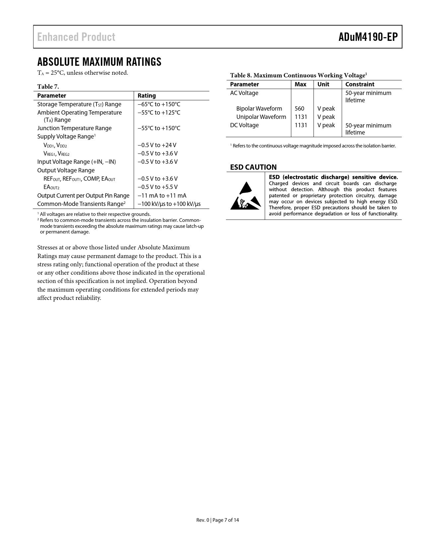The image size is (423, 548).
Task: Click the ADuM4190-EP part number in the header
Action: (x=368, y=37)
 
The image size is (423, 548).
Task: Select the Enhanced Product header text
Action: (x=76, y=37)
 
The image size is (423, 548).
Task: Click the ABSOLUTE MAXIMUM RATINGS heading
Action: (x=99, y=62)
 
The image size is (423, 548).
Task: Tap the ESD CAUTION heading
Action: (x=253, y=167)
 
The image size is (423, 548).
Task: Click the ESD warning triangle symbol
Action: (x=245, y=196)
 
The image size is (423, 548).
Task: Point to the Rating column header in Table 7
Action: (x=147, y=96)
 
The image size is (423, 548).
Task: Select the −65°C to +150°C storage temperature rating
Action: (x=159, y=104)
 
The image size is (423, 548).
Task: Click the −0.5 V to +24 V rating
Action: (x=157, y=145)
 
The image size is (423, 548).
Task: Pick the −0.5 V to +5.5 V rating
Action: (x=158, y=187)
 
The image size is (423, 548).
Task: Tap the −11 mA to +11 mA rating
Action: (x=162, y=196)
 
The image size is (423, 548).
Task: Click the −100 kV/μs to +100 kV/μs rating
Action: (x=169, y=204)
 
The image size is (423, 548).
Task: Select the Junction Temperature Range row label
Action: (x=74, y=128)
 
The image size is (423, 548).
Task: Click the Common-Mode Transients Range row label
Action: (x=81, y=204)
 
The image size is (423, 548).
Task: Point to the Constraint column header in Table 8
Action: (x=360, y=84)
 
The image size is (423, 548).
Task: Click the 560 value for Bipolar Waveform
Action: (x=299, y=109)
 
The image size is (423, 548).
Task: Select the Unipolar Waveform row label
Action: (x=261, y=117)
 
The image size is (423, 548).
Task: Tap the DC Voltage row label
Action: (x=244, y=125)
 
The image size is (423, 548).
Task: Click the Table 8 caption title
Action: (x=298, y=75)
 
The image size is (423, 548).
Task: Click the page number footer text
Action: (x=218, y=520)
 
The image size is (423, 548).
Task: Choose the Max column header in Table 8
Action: (x=300, y=84)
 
